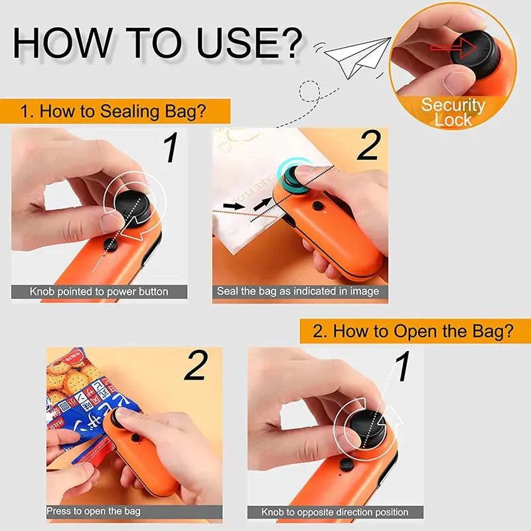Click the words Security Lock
coord(453,112)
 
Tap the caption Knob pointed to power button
coord(99,291)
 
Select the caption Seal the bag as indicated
coord(298,291)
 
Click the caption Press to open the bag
coord(93,511)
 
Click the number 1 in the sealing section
coord(171,148)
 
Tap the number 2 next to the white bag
coord(367,147)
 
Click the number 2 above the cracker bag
coord(195,366)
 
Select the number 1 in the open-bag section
coord(402,367)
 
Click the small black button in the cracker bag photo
coord(136,437)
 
